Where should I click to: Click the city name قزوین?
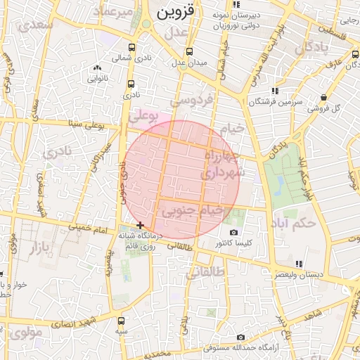point(172,12)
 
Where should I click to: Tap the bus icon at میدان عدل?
point(188,51)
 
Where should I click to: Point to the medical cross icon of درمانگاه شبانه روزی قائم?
point(141,225)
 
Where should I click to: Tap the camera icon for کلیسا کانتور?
point(233,233)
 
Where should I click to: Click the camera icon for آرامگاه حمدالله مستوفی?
point(241,337)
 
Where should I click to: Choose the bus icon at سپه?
point(122,320)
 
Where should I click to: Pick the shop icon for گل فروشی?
point(323,98)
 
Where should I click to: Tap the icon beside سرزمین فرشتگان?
point(274,91)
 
